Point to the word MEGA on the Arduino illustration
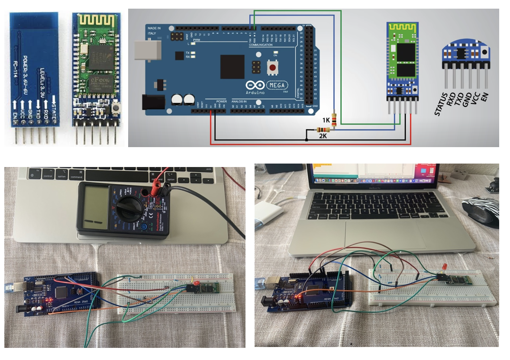279,84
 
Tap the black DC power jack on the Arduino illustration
151,102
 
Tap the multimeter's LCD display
97,206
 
